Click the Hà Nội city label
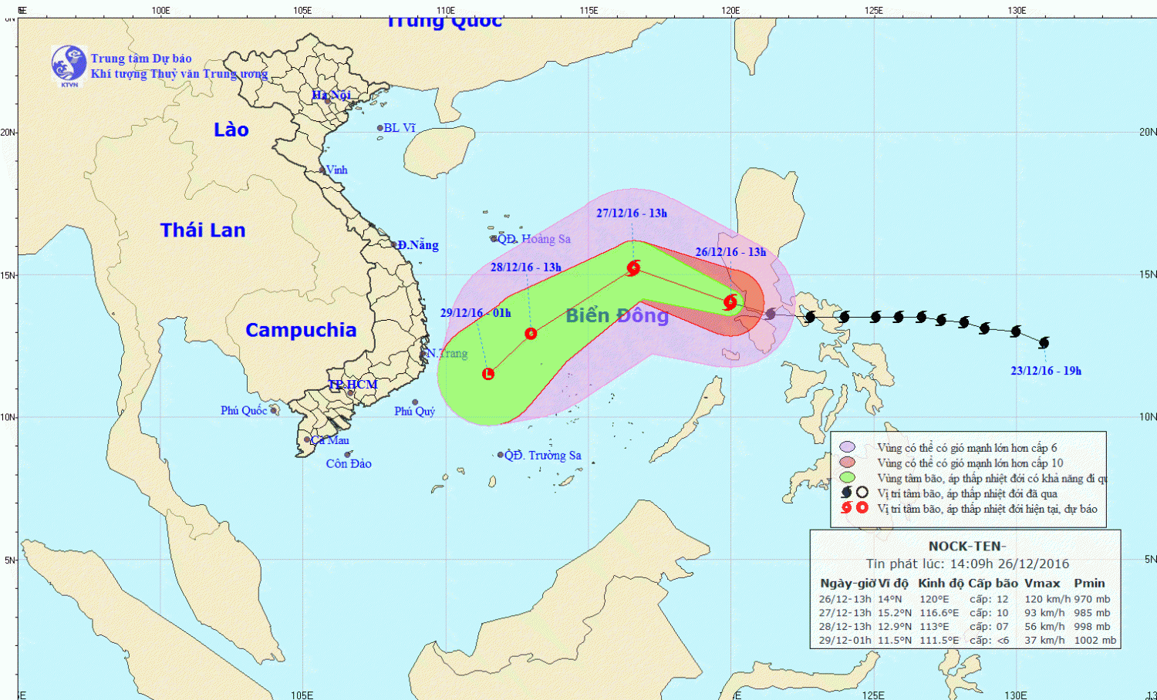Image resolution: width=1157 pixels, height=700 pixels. [x=331, y=95]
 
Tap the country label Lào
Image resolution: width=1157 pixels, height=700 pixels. [x=231, y=130]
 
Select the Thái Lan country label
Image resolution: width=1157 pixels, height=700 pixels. [x=203, y=230]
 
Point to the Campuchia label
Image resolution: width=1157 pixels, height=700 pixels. [x=301, y=330]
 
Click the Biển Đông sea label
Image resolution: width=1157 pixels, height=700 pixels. [x=617, y=315]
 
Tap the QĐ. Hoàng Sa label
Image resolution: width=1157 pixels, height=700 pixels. [x=534, y=239]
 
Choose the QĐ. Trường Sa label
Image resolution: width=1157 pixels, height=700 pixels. [x=542, y=456]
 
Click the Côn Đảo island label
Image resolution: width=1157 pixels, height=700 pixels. [x=349, y=463]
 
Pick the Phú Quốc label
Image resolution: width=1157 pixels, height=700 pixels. [x=244, y=410]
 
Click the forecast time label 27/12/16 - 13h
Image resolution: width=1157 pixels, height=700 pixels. [x=632, y=214]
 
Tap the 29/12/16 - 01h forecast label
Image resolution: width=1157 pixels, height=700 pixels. [x=475, y=313]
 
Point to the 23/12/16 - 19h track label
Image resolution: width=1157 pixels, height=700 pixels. [x=1046, y=371]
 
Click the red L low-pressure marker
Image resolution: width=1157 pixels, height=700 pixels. [x=488, y=374]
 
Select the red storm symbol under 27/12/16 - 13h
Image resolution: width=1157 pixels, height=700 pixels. [x=633, y=268]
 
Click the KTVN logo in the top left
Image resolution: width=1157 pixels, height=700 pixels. [x=69, y=65]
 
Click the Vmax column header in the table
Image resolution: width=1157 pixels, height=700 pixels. [x=1042, y=584]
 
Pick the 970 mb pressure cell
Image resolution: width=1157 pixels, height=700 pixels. [x=1092, y=599]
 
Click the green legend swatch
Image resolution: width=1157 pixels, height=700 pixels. [x=848, y=478]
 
